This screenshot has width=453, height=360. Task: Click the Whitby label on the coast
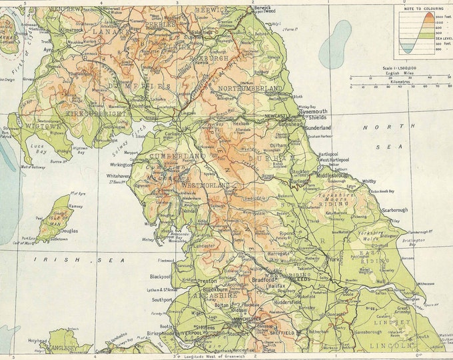click(368, 181)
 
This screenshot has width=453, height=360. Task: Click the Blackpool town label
click(161, 276)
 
